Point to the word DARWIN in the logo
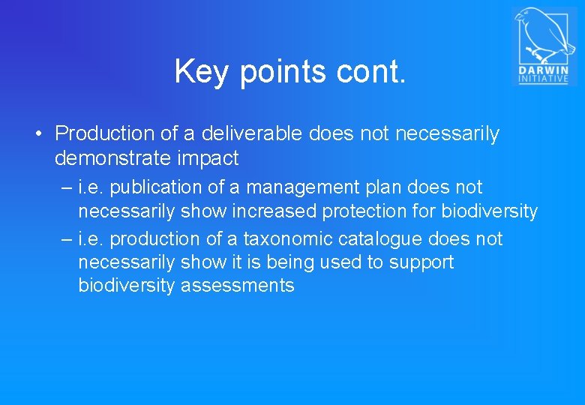[x=544, y=70]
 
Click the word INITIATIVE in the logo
[x=544, y=79]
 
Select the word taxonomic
[x=289, y=239]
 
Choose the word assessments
[x=238, y=286]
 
